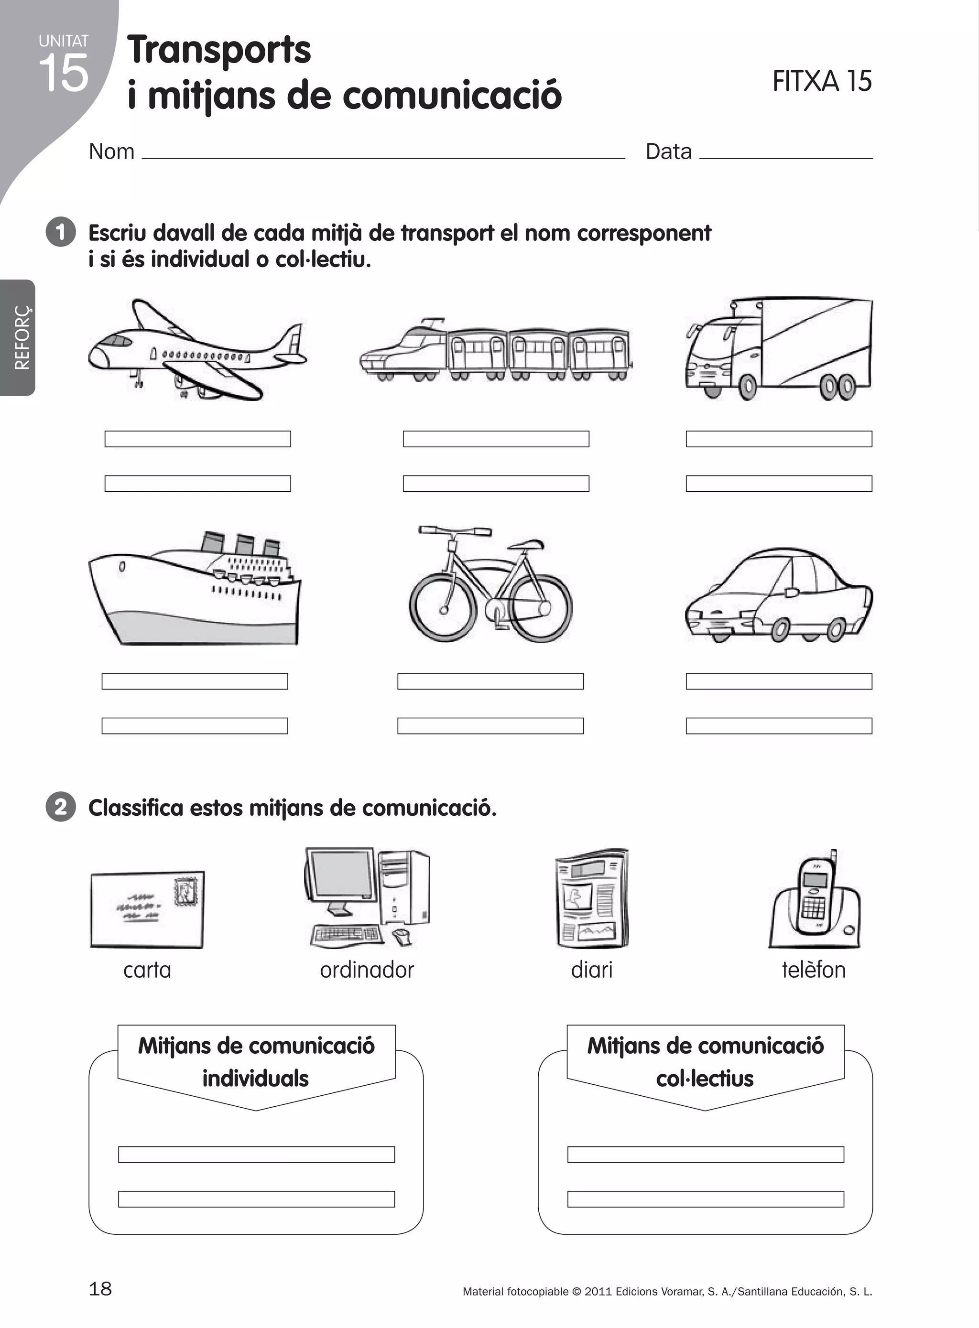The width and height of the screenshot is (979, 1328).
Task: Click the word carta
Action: [x=147, y=970]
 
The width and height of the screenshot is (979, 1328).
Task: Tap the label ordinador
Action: [x=366, y=970]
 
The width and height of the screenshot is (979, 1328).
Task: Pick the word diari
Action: [x=591, y=970]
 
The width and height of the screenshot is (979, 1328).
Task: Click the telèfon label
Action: [x=813, y=970]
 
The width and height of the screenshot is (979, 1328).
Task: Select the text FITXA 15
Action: [x=821, y=82]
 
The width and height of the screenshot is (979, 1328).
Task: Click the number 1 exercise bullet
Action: [x=60, y=232]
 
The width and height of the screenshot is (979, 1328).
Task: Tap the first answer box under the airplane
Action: [x=197, y=439]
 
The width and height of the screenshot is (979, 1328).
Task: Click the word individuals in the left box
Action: [x=255, y=1079]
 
